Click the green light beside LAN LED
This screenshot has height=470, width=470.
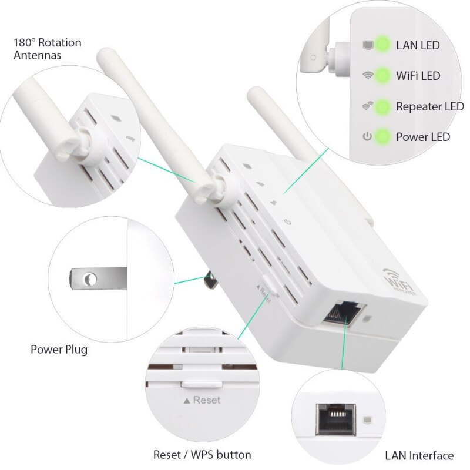pos(382,45)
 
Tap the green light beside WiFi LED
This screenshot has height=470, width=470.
pos(382,75)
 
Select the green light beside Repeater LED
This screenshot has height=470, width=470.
pos(382,107)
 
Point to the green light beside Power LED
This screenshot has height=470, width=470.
pos(382,137)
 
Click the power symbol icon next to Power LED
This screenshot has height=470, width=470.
pos(368,137)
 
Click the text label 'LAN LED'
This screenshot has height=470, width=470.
pos(418,45)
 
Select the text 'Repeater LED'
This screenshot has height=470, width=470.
pos(429,107)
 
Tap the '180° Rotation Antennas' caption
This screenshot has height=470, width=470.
pos(47,49)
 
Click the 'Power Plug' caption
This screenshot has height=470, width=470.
pos(59,350)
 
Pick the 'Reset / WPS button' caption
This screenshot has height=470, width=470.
pos(202,455)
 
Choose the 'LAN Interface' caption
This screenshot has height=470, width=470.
pos(419,455)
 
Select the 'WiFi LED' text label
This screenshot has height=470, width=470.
pos(418,75)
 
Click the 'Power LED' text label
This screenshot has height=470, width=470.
pos(423,137)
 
